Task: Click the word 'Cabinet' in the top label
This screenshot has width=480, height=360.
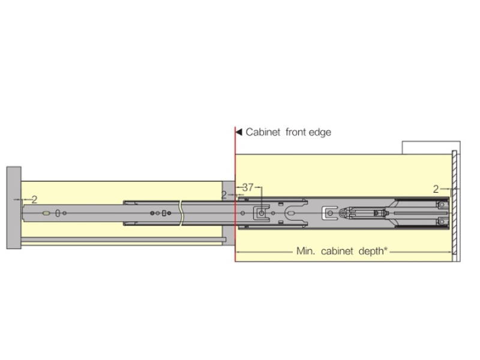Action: pos(263,132)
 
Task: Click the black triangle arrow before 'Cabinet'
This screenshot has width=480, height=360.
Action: pos(239,132)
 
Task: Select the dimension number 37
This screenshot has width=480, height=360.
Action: pos(248,187)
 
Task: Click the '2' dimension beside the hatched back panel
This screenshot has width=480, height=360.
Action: pos(436,189)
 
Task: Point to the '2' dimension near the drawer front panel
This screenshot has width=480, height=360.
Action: pos(34,200)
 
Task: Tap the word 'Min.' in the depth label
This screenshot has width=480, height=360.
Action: pos(305,251)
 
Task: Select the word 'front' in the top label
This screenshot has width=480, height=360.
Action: pos(295,132)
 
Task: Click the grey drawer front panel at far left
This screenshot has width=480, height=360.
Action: pos(14,208)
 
